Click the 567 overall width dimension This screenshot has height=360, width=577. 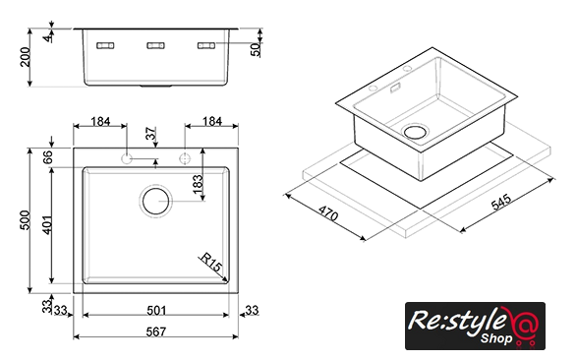tap(156, 331)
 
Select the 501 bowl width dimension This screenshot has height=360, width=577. tap(156, 311)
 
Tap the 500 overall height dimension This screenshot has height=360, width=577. tap(25, 220)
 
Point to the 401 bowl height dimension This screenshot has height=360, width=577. tap(47, 225)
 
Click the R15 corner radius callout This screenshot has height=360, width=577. tap(211, 262)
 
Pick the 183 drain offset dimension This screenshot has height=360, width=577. tap(198, 184)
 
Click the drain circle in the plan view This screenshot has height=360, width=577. tap(155, 201)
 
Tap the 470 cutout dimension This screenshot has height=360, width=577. tap(328, 213)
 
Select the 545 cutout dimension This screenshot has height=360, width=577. tap(501, 202)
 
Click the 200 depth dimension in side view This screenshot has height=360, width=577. tap(25, 57)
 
